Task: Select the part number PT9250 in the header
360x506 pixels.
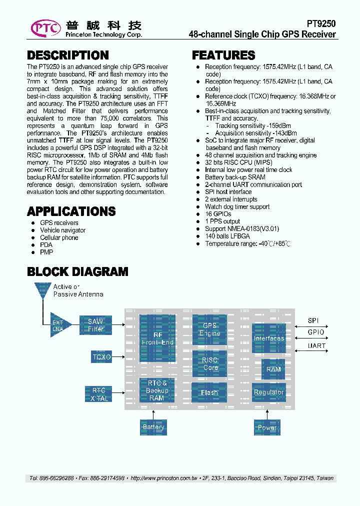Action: click(320, 23)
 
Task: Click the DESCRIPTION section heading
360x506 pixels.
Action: click(67, 55)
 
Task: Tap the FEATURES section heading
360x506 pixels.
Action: click(223, 55)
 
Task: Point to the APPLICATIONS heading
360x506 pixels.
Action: click(71, 211)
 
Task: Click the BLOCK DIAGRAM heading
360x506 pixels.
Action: click(77, 271)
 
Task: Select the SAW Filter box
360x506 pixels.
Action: click(95, 325)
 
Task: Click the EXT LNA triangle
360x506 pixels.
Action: click(59, 325)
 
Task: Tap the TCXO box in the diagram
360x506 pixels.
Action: click(101, 357)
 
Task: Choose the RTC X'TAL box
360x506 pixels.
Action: click(99, 394)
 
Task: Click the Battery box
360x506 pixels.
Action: click(153, 427)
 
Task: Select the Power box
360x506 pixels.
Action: click(267, 427)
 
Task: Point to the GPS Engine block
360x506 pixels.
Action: click(209, 329)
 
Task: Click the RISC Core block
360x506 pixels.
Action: click(209, 363)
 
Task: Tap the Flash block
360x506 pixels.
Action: click(209, 392)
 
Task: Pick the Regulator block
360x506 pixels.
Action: click(268, 392)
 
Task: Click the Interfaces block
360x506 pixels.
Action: click(268, 338)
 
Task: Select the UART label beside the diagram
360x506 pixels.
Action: click(316, 345)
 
